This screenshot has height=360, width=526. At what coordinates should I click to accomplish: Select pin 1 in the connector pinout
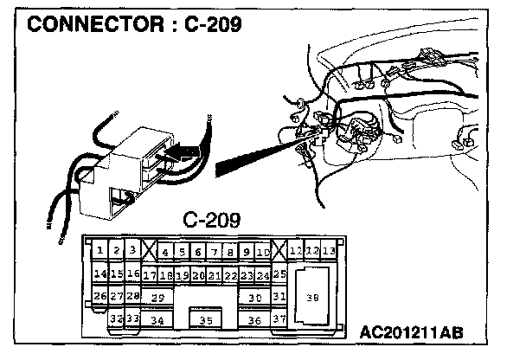pyautogui.click(x=100, y=252)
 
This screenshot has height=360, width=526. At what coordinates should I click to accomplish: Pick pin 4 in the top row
pyautogui.click(x=166, y=253)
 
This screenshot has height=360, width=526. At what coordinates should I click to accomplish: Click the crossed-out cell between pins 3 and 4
pyautogui.click(x=150, y=252)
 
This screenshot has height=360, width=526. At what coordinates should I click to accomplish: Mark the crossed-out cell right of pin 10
pyautogui.click(x=279, y=252)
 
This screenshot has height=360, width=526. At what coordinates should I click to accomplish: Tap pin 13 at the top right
pyautogui.click(x=329, y=251)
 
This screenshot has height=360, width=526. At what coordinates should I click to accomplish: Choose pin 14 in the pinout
pyautogui.click(x=100, y=274)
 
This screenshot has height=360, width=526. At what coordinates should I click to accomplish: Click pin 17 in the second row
pyautogui.click(x=150, y=275)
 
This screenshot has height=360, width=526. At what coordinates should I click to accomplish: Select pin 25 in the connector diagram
pyautogui.click(x=279, y=274)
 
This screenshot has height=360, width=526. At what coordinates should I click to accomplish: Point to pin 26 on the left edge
pyautogui.click(x=100, y=296)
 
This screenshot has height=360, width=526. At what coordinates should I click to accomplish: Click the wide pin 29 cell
pyautogui.click(x=157, y=297)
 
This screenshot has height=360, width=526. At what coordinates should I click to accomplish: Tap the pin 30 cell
pyautogui.click(x=253, y=297)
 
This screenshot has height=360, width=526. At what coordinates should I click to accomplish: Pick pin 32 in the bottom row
pyautogui.click(x=116, y=318)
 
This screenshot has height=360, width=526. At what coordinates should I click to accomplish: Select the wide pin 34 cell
pyautogui.click(x=157, y=320)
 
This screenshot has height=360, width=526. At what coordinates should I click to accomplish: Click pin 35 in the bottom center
pyautogui.click(x=206, y=320)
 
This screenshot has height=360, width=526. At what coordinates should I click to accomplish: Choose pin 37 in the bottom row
pyautogui.click(x=279, y=318)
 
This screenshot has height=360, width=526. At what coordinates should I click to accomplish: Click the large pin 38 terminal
pyautogui.click(x=313, y=297)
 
